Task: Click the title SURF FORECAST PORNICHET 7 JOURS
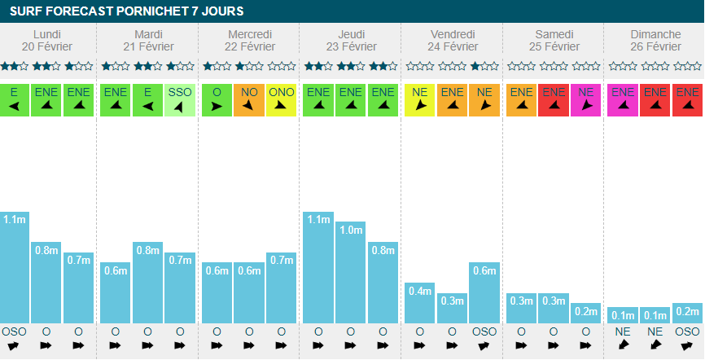126,11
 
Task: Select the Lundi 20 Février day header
46,40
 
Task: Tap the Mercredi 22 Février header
250,40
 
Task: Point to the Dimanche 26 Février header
655,40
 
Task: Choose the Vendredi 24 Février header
452,40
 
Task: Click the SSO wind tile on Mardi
180,99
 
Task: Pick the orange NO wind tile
249,99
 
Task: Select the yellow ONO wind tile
282,99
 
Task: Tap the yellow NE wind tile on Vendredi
420,99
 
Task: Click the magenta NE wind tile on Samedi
586,99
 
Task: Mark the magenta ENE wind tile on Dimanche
623,99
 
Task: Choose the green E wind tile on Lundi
14,99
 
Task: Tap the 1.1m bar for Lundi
14,269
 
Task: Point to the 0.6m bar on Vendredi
484,293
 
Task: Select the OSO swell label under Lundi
14,331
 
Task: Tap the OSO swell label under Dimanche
688,331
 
